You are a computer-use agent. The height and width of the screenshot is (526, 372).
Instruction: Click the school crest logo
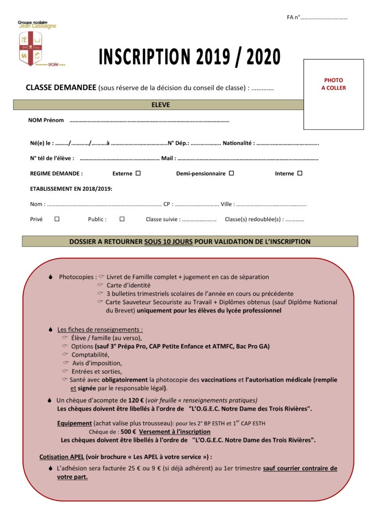(30, 48)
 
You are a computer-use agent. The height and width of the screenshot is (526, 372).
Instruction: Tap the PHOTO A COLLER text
(333, 84)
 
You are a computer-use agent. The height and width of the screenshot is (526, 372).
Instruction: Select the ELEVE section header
(161, 105)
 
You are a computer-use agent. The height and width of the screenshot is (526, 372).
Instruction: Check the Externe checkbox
(138, 173)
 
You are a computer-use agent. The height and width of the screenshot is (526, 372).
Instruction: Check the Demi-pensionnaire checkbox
(232, 173)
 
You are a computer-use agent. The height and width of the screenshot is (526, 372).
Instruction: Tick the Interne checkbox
(300, 173)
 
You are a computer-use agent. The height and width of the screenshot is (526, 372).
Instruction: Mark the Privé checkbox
(57, 219)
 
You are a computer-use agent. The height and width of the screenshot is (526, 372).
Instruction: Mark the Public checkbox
(122, 219)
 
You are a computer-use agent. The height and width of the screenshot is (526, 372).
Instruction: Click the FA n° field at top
(323, 17)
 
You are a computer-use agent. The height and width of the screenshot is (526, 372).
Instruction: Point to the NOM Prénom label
(46, 120)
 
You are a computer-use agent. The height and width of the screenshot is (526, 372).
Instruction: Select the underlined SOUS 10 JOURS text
(168, 241)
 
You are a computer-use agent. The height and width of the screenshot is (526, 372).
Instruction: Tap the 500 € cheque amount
(128, 432)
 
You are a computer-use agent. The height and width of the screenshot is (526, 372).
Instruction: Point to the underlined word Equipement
(74, 423)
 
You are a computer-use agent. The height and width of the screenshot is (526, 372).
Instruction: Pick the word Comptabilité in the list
(91, 355)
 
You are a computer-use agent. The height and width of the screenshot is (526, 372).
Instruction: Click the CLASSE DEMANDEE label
(61, 88)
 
